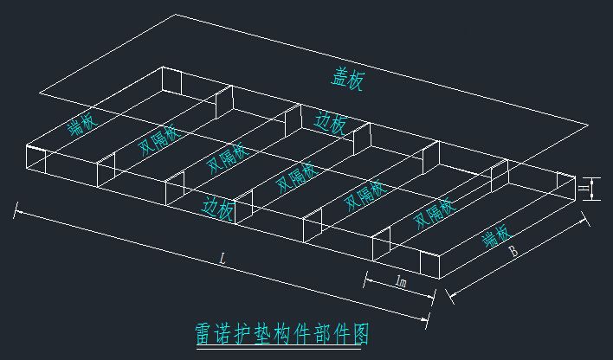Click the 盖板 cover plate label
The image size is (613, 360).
click(x=347, y=79)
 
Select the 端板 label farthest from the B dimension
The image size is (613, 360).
click(x=82, y=125)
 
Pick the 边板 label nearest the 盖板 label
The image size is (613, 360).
click(x=332, y=124)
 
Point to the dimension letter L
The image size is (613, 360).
click(x=223, y=259)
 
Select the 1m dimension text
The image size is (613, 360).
click(x=401, y=282)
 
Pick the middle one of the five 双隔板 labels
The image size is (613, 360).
click(x=295, y=176)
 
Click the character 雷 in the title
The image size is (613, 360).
click(x=206, y=333)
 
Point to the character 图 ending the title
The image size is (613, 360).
click(x=358, y=333)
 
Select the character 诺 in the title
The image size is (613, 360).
click(x=228, y=333)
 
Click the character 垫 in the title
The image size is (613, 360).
click(x=271, y=333)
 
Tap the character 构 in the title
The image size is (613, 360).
click(x=293, y=333)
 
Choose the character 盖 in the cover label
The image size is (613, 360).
click(x=339, y=77)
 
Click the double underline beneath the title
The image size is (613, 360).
click(x=281, y=348)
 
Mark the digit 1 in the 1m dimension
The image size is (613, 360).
click(x=397, y=282)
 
